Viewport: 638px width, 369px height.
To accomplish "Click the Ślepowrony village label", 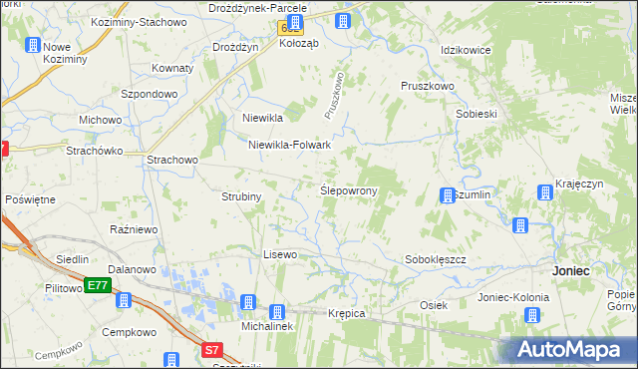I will click(347, 190).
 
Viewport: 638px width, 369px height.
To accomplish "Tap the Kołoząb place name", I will click(298, 43).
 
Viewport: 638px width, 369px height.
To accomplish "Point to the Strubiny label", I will click(241, 196).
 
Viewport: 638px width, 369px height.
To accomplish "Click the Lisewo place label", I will click(280, 254).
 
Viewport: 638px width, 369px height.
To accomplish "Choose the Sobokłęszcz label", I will click(436, 259).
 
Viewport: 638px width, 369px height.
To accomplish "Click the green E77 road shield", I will click(97, 285).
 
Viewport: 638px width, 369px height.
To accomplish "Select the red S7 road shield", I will click(211, 350).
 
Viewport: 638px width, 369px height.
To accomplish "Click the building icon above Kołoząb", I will click(294, 23).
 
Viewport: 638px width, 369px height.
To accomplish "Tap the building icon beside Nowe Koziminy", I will click(33, 45).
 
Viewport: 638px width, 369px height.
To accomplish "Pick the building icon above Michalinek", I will click(249, 302).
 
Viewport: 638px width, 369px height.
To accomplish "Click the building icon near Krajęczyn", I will click(545, 192).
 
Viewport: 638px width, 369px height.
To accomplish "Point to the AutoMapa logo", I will click(571, 349).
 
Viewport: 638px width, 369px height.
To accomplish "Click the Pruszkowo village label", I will click(428, 87).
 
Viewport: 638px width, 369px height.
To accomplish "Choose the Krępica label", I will click(347, 313).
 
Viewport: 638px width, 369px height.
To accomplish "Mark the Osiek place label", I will click(433, 305).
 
